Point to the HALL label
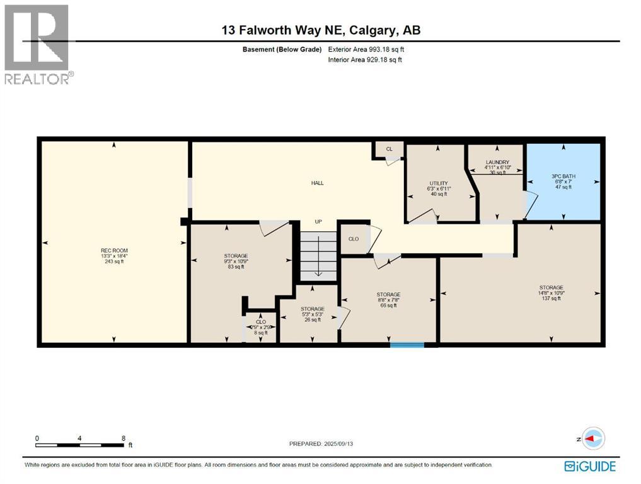coord(317,183)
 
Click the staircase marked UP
coord(318,255)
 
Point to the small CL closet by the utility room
coord(389,149)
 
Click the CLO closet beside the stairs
coord(354,239)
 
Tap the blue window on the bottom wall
coord(407,344)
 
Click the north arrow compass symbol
coord(593,439)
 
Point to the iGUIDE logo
coord(590,466)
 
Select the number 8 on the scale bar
coord(124,438)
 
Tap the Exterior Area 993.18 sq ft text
coord(371,49)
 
